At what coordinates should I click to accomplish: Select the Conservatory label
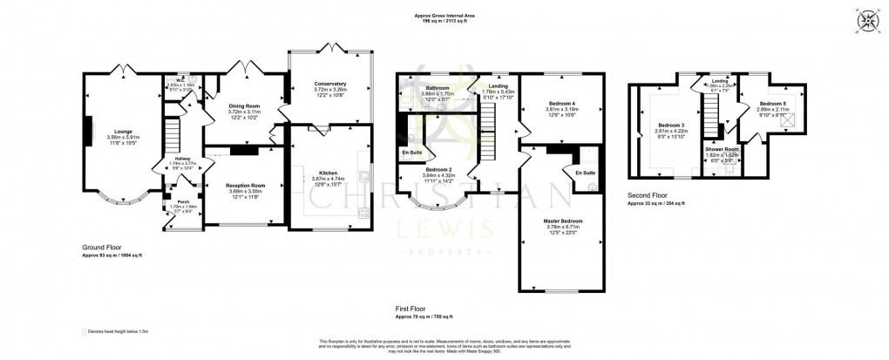[x=330, y=84]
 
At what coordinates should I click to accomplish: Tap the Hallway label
[x=183, y=158]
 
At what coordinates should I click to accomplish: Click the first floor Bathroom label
[x=437, y=89]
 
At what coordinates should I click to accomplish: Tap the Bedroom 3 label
[x=671, y=125]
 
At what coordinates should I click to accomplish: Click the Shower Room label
[x=721, y=150]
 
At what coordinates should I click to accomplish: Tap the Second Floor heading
[x=647, y=196]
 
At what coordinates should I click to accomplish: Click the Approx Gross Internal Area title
[x=444, y=16]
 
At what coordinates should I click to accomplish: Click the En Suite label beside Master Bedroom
[x=585, y=173]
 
